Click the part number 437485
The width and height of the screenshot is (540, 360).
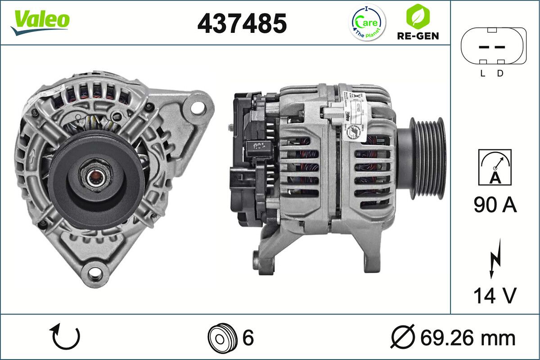[x=242, y=23]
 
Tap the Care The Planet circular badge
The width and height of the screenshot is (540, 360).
[x=368, y=22]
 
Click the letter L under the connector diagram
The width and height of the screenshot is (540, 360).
[x=482, y=74]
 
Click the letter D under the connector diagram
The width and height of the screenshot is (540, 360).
[x=500, y=74]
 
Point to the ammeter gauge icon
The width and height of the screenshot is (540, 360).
[x=495, y=167]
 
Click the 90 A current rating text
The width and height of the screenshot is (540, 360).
[x=495, y=205]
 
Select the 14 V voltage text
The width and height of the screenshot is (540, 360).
[x=494, y=296]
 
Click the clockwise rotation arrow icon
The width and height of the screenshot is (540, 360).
[x=66, y=337]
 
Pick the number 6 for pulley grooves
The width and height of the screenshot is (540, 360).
[x=248, y=337]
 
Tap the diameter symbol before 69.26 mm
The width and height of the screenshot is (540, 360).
[x=402, y=337]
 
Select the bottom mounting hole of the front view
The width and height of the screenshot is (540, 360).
[x=94, y=272]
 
